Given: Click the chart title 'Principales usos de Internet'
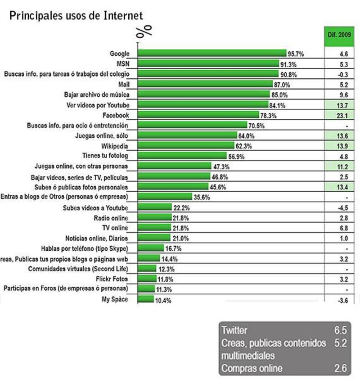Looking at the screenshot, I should [x=76, y=16].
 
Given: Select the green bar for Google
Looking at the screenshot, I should [x=212, y=54].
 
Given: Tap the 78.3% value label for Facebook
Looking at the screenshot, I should [x=270, y=116].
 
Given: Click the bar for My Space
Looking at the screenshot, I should [x=145, y=299].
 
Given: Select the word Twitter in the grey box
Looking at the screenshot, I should [x=234, y=330].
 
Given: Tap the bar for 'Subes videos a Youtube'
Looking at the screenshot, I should [x=155, y=208].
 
